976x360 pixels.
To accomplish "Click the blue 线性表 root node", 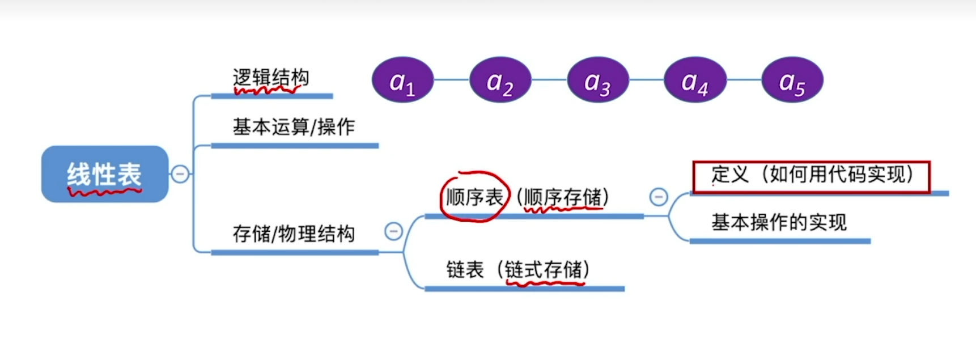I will pos(105,174).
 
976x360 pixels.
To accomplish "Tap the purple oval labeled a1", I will pos(402,80).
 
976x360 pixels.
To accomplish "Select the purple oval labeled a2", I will pos(500,80).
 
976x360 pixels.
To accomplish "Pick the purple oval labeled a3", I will pos(597,80).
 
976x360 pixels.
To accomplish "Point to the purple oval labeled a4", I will pos(695,80).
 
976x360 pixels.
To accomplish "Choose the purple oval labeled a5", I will pos(792,80).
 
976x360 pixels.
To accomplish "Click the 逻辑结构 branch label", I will pos(271,78).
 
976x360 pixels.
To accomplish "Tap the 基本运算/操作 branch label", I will pos(294,127).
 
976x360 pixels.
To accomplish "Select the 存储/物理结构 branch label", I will pos(294,234).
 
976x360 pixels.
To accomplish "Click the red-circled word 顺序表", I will pos(474,197).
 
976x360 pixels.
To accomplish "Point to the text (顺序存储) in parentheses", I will pos(563,197).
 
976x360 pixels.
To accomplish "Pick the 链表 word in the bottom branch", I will pos(465,270).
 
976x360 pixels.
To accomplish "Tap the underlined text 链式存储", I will pos(544,270).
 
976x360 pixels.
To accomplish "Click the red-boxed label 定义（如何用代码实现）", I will pos(811,176).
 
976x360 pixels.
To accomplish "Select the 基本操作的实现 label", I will pos(779,222).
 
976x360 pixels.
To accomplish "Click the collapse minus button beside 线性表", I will pos(180,173).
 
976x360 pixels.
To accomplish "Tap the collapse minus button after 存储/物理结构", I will pos(393,231).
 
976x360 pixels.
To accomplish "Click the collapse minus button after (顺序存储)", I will pos(659,197).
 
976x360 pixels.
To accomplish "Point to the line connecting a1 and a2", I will pos(451,80).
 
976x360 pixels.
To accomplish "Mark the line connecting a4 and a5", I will pos(744,80).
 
